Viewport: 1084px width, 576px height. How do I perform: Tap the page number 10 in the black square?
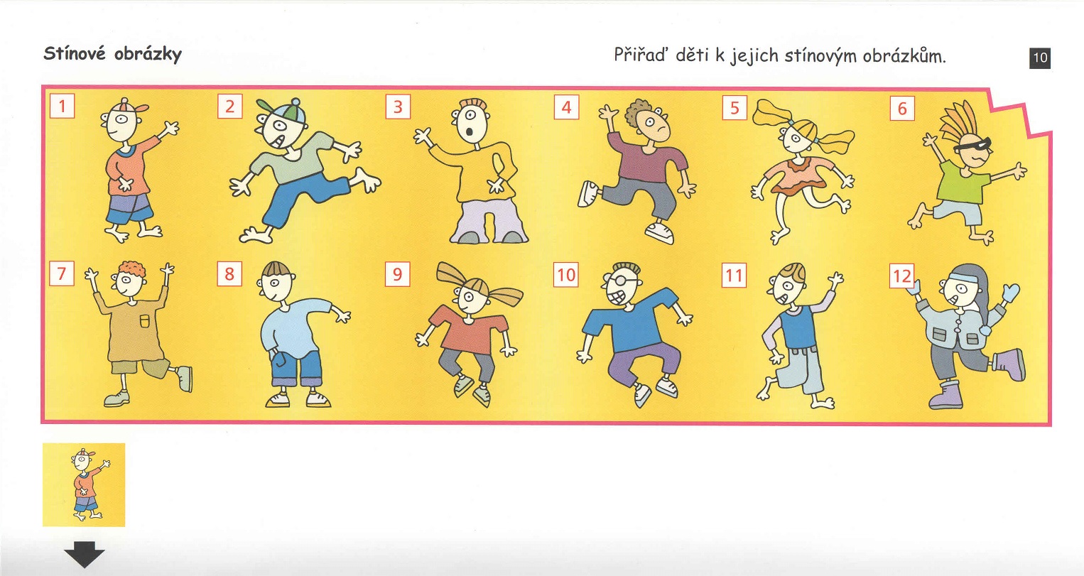pos(1040,58)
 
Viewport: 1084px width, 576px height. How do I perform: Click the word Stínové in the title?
pos(75,53)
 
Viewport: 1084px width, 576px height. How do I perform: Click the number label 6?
pos(903,108)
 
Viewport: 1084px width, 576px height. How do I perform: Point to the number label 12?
pos(902,276)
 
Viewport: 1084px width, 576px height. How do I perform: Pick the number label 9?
pos(397,274)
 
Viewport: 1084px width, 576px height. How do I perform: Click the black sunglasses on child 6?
pos(971,145)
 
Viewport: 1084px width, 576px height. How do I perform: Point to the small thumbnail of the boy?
pos(84,484)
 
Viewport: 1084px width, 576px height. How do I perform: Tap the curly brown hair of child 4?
pos(638,112)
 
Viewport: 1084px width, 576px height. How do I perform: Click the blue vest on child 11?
pos(799,326)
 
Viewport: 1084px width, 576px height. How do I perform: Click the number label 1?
pos(63,106)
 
